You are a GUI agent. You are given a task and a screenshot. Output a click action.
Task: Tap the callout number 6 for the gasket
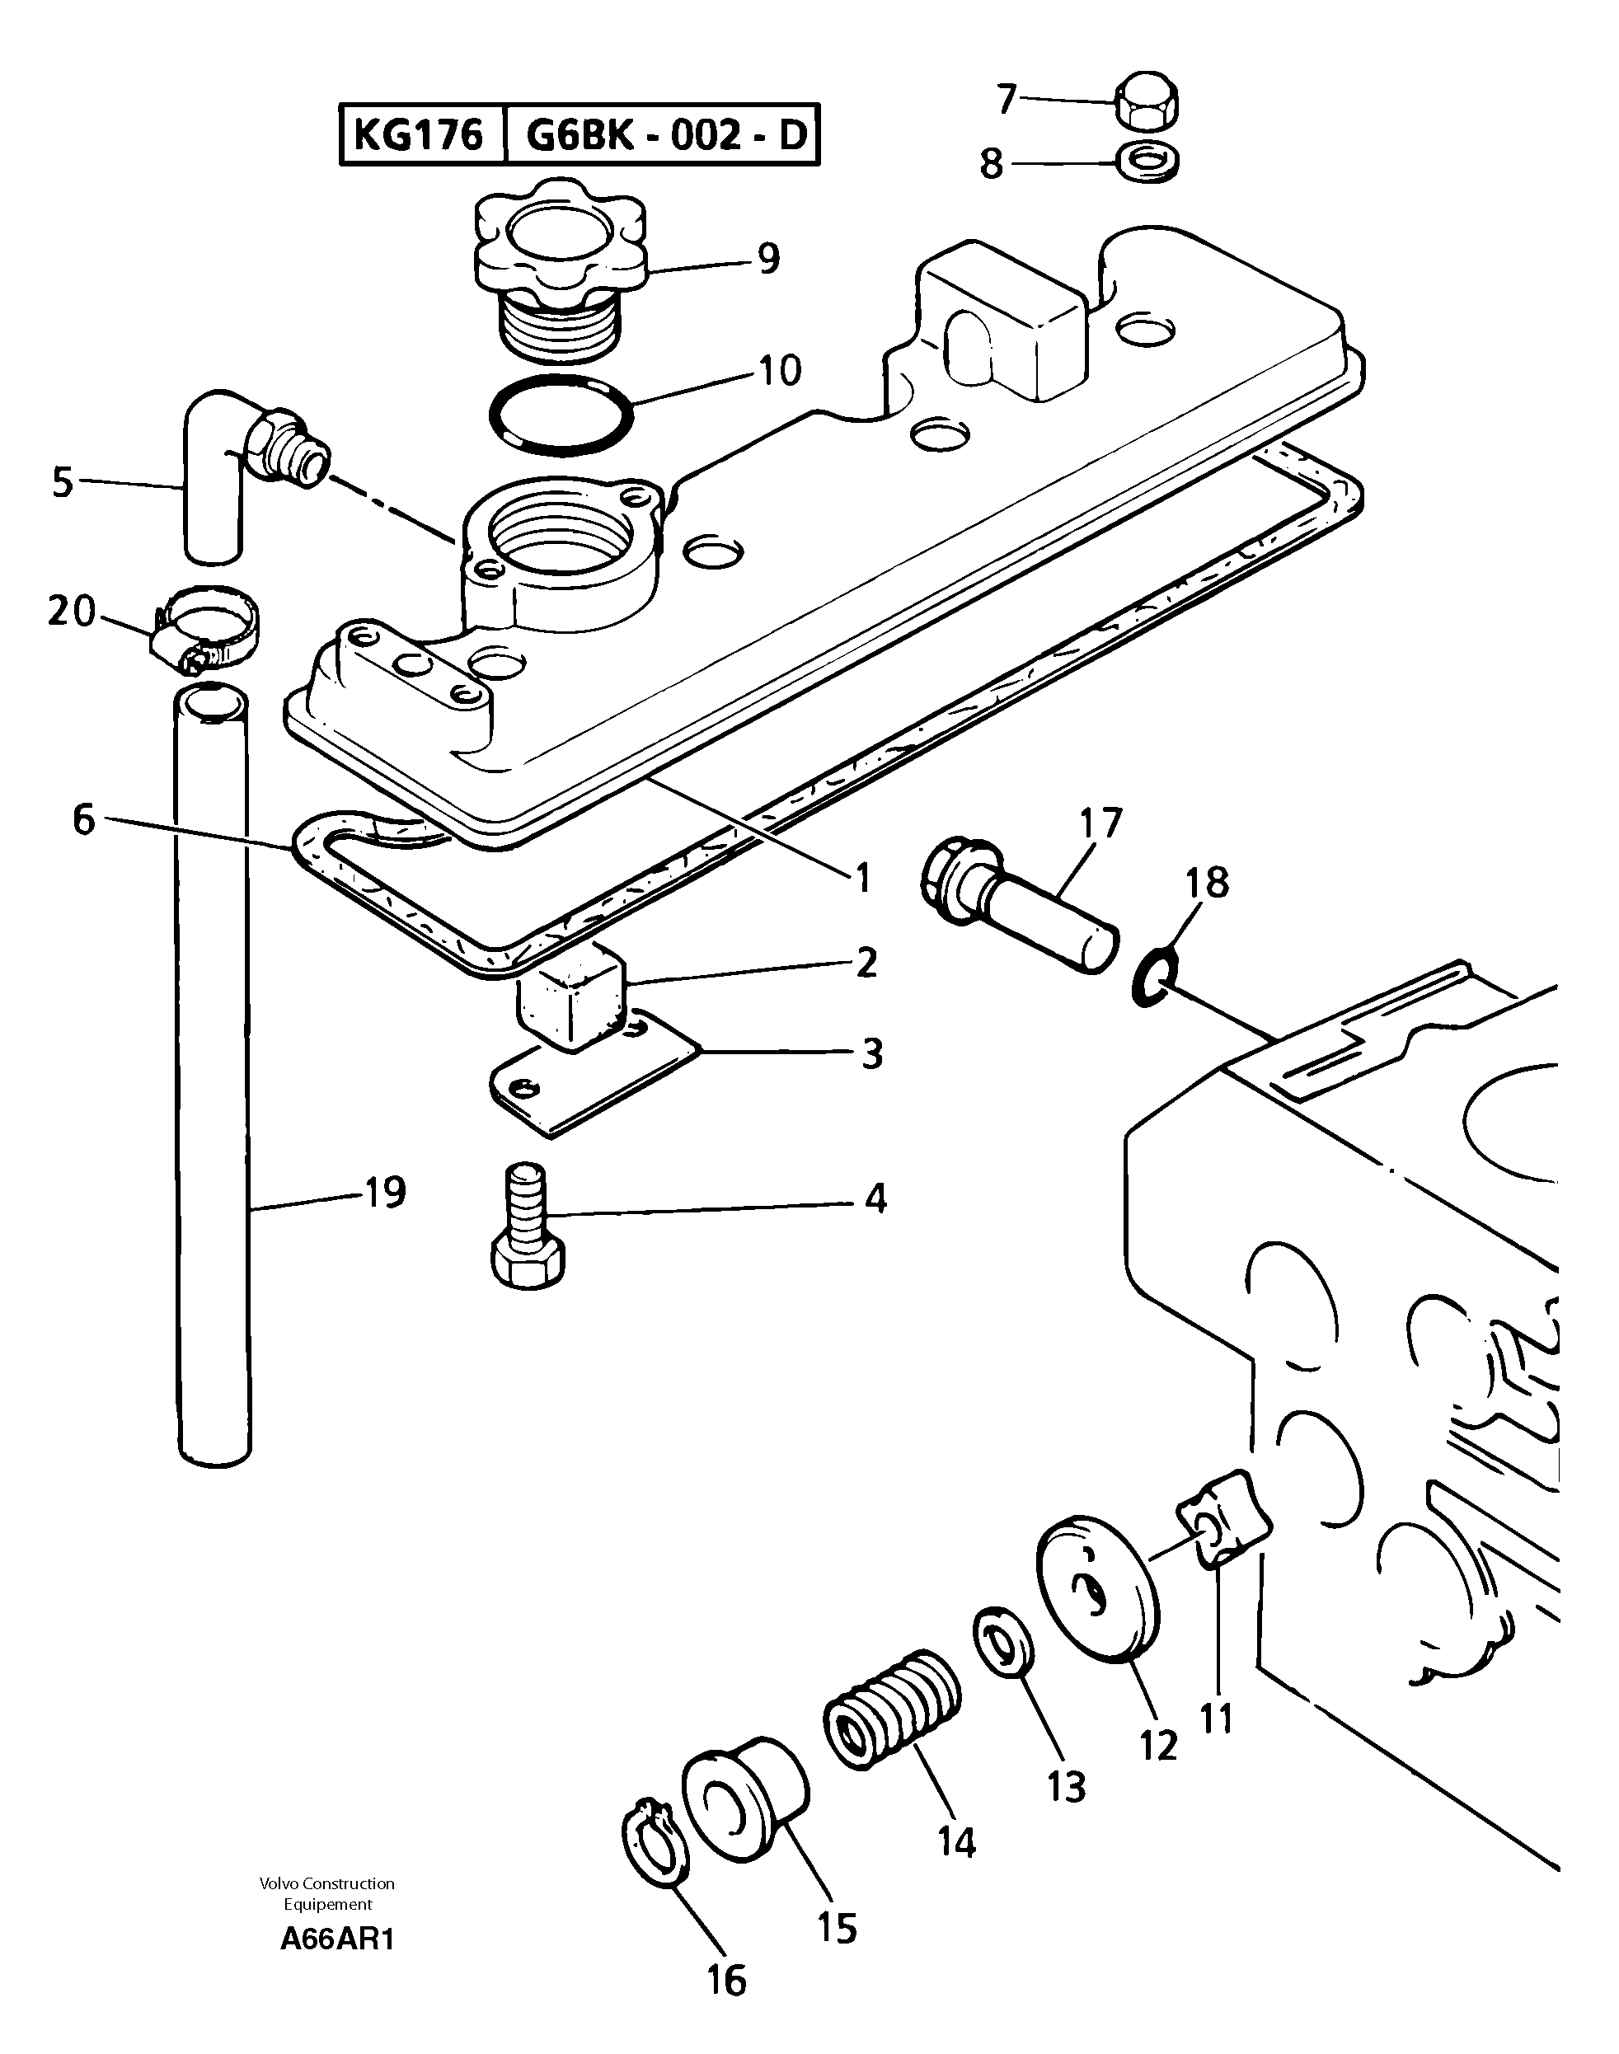click(84, 821)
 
